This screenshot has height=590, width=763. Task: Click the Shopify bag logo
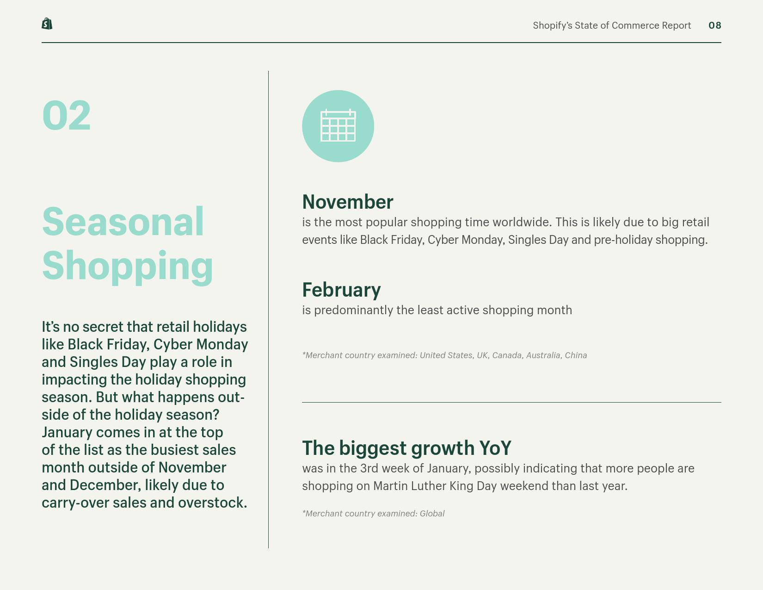click(x=47, y=24)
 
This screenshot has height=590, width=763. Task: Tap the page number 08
click(x=715, y=25)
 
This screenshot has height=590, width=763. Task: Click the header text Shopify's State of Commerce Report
click(x=612, y=25)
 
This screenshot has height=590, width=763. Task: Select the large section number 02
click(x=67, y=115)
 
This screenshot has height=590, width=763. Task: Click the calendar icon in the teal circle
click(x=338, y=125)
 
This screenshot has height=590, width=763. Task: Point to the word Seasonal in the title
click(x=123, y=222)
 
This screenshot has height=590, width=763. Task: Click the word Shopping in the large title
click(x=128, y=267)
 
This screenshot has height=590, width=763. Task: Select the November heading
click(x=348, y=202)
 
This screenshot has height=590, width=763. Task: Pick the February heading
click(x=341, y=290)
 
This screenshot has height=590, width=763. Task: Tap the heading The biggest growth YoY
click(x=406, y=448)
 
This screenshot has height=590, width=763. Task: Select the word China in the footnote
click(x=576, y=355)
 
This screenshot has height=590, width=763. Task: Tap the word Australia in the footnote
click(x=544, y=355)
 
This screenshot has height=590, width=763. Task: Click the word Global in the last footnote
click(x=432, y=513)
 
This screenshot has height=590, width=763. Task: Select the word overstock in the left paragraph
click(x=212, y=503)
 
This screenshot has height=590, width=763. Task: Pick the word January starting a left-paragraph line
click(x=67, y=433)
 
